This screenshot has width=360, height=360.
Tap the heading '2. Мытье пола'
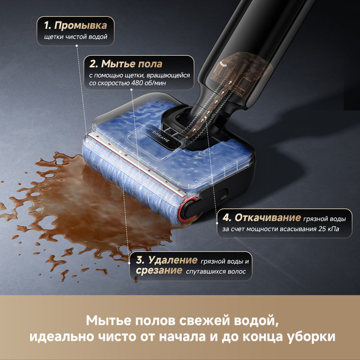(x=126, y=63)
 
